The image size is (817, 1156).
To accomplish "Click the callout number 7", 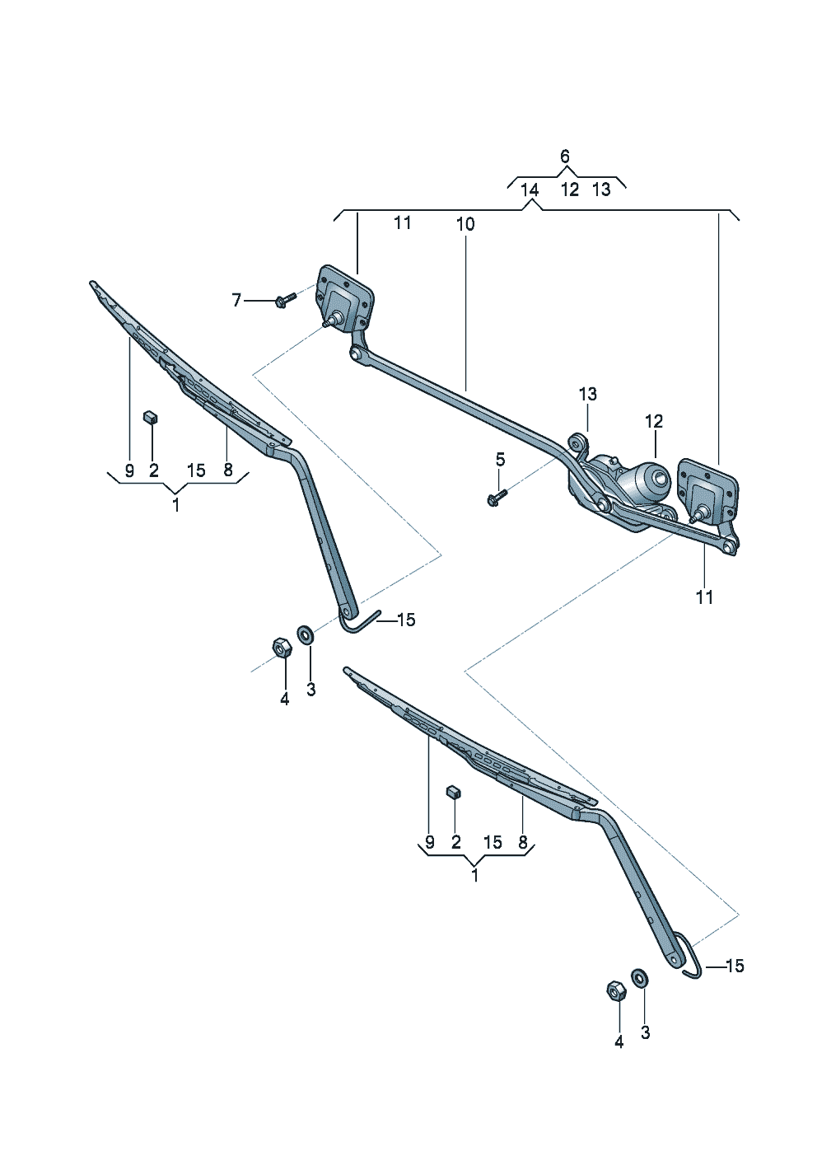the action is click(236, 300).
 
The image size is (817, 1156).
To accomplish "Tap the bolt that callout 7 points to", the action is click(287, 299).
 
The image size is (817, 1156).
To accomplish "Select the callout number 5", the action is click(500, 459).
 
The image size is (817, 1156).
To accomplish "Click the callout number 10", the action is click(465, 224).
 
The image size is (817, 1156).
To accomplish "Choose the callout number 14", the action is click(530, 190).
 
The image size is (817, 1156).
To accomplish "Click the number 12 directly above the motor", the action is click(653, 422).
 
